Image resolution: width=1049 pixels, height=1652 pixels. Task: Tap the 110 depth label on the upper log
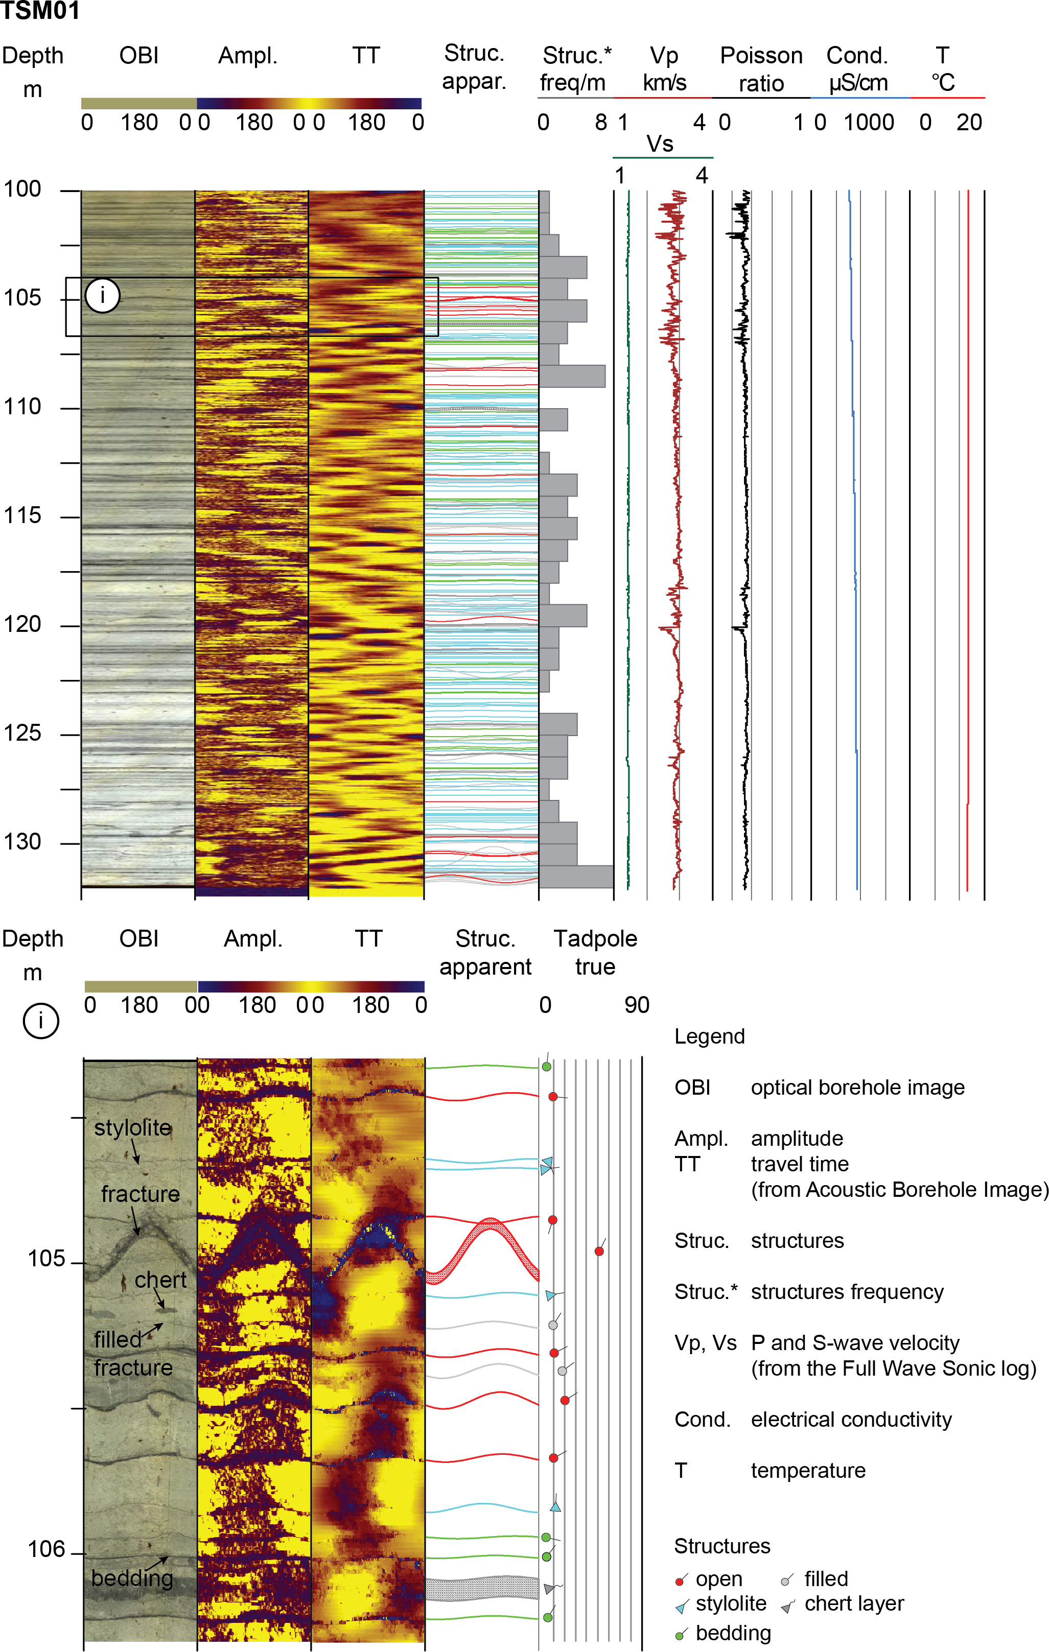[x=22, y=407]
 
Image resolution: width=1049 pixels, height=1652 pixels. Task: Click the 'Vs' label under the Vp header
[x=660, y=145]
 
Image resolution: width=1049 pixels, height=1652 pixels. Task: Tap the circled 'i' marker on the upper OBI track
[x=103, y=296]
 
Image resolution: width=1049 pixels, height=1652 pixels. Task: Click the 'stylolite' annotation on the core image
[x=132, y=1128]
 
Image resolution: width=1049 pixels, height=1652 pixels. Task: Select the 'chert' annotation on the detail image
[x=160, y=1280]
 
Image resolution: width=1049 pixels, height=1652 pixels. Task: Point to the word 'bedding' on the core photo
[x=132, y=1578]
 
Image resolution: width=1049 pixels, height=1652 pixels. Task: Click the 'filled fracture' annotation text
[x=132, y=1354]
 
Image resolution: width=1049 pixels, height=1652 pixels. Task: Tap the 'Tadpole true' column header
[x=595, y=952]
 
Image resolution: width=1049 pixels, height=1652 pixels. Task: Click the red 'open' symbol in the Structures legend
[x=680, y=1580]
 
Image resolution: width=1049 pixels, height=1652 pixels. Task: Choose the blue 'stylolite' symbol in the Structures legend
[x=681, y=1607]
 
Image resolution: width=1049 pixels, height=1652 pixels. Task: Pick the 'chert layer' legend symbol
[x=787, y=1607]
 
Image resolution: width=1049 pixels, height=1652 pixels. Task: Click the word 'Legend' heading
[x=709, y=1036]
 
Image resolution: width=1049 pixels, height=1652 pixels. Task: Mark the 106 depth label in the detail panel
[x=46, y=1549]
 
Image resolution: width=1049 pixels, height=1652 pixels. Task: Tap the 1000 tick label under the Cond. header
[x=869, y=123]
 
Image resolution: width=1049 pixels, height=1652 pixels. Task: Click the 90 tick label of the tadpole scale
[x=637, y=1005]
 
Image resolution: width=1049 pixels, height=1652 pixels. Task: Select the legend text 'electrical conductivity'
[x=851, y=1420]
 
